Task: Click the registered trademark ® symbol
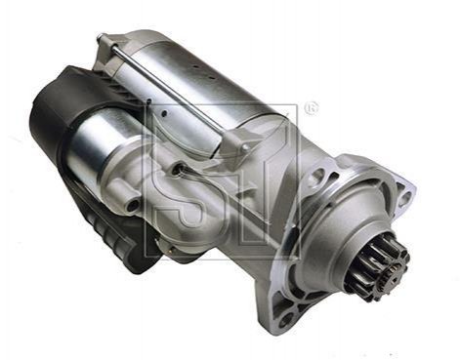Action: [x=311, y=109]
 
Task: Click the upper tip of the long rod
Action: [x=100, y=35]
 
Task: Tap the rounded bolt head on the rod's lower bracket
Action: [x=246, y=148]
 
